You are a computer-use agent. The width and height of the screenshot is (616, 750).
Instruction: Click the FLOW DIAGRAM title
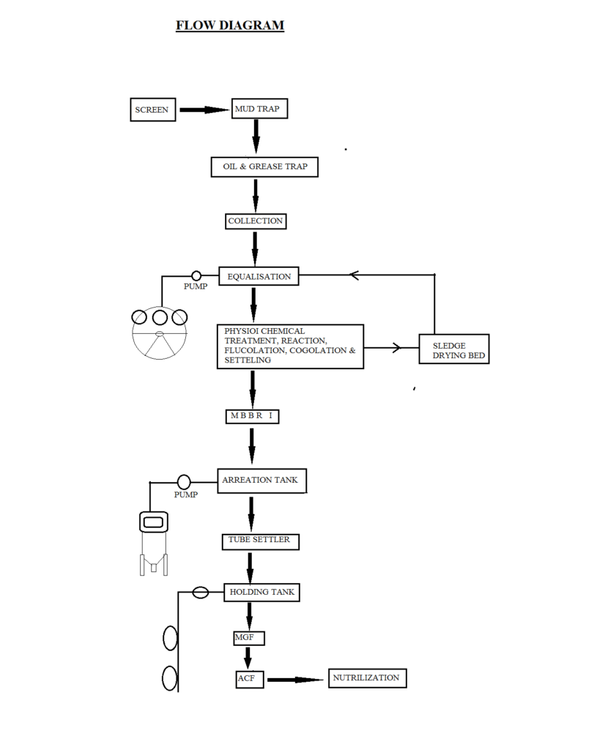click(230, 26)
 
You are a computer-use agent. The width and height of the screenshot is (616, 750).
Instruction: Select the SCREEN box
click(152, 110)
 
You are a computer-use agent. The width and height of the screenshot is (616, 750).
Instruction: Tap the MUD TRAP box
click(259, 109)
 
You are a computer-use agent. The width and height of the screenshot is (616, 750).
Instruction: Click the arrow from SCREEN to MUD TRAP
click(204, 110)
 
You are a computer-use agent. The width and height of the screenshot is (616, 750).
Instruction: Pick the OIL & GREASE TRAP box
click(264, 167)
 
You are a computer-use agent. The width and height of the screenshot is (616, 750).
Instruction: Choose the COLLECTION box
click(255, 220)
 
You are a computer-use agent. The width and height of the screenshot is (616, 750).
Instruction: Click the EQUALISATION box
click(259, 276)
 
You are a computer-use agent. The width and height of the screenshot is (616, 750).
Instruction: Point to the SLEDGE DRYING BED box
click(453, 350)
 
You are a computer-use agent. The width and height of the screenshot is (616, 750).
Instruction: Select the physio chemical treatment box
click(290, 346)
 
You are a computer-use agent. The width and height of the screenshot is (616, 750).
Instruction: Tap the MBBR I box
click(252, 416)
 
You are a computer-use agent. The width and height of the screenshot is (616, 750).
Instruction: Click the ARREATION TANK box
click(261, 480)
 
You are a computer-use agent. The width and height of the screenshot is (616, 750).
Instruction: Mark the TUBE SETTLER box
click(259, 541)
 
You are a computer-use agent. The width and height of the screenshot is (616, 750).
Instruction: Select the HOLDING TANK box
click(261, 592)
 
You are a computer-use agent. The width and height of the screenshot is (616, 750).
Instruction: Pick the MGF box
click(248, 638)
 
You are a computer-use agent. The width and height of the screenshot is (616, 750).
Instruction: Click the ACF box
click(248, 679)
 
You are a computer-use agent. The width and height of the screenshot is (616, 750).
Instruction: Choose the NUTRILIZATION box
click(367, 678)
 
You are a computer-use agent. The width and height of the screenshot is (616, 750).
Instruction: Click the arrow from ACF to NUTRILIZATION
click(294, 680)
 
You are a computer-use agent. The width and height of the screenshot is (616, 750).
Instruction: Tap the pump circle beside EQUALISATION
click(196, 275)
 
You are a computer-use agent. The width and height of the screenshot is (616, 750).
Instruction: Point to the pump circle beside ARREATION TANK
click(184, 482)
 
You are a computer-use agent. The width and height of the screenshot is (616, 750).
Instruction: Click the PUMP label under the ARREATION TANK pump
click(186, 494)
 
